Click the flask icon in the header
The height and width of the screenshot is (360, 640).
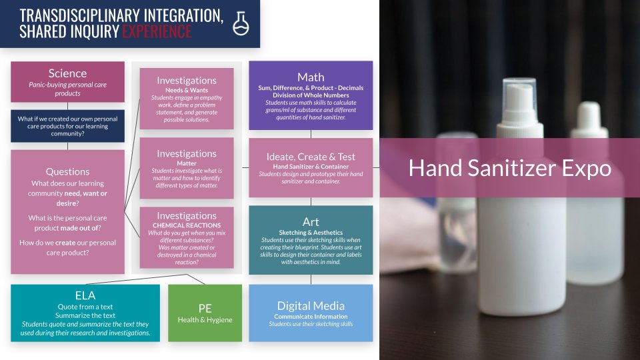240,23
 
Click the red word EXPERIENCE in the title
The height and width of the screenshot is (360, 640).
157,31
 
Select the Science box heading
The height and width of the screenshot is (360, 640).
67,73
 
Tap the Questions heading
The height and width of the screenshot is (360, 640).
67,171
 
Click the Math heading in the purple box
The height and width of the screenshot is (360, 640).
311,77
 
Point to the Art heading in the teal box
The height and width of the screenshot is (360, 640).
311,222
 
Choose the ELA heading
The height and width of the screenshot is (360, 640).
85,295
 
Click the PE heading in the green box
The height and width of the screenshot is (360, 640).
205,308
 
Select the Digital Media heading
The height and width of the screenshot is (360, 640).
311,306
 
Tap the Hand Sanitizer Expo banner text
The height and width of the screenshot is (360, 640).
509,168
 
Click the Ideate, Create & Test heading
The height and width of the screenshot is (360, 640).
311,157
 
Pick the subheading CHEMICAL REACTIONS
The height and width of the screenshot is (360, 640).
187,225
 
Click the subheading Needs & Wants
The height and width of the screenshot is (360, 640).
187,90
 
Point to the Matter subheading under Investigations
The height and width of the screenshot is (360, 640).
187,163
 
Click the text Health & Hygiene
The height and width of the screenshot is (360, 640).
205,320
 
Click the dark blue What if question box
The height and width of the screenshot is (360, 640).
67,125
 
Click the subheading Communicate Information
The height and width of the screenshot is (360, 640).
311,316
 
